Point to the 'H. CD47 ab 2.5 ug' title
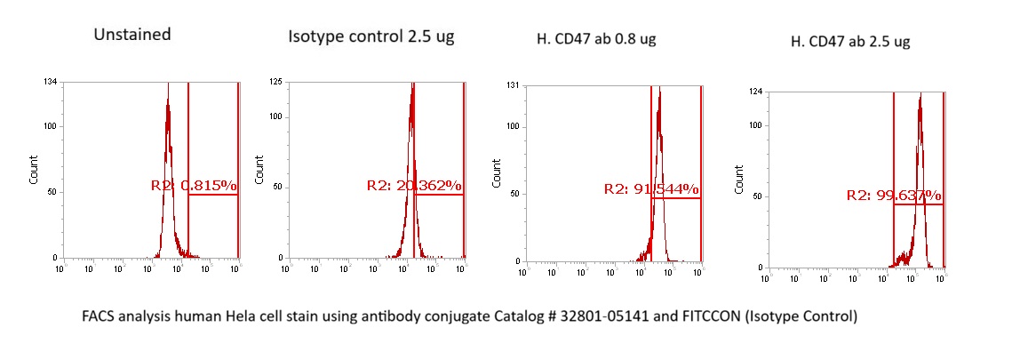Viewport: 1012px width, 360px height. coord(849,41)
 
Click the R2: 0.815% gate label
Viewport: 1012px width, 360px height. coord(194,186)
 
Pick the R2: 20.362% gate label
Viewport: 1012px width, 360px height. coord(414,186)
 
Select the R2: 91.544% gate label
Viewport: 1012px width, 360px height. coord(651,188)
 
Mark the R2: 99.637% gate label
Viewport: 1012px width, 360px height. coord(895,196)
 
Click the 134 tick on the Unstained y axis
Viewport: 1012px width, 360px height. coord(51,83)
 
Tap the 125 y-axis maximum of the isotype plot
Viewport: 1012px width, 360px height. coord(276,83)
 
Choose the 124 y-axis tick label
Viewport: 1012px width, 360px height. coord(756,92)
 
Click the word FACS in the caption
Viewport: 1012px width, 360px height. coord(100,317)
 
